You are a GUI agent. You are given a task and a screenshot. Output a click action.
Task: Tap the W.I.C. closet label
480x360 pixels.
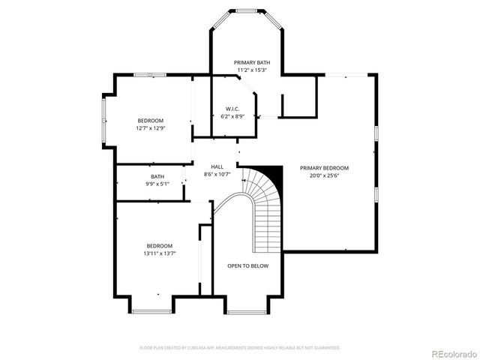(232, 109)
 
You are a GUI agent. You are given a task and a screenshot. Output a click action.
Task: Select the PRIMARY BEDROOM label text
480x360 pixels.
(324, 168)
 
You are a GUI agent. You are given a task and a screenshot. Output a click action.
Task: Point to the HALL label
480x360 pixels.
(217, 166)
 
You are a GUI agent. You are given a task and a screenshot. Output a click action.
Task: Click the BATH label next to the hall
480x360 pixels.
(157, 176)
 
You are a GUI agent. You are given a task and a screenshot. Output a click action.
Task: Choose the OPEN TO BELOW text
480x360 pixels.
(247, 265)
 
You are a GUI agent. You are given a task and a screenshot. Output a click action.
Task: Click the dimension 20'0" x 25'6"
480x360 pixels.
(324, 175)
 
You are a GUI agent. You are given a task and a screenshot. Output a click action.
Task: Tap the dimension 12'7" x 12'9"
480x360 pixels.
(150, 128)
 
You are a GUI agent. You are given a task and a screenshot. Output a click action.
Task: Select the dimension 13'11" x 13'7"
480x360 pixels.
(160, 253)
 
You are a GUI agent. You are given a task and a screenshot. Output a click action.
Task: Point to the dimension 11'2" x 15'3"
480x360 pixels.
(252, 70)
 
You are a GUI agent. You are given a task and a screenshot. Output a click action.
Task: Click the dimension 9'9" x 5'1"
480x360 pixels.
(157, 184)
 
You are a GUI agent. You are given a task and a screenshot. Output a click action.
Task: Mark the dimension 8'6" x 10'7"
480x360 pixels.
(217, 174)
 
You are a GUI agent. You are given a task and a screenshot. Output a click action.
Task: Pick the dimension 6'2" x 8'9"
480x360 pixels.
(232, 116)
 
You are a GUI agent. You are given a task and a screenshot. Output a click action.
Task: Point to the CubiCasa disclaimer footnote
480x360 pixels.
(240, 347)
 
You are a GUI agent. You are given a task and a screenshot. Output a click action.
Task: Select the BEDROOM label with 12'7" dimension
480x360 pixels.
(150, 121)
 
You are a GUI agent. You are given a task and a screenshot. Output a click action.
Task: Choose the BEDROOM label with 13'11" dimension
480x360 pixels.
(160, 246)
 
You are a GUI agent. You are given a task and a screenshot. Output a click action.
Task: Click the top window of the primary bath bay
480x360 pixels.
(246, 10)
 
